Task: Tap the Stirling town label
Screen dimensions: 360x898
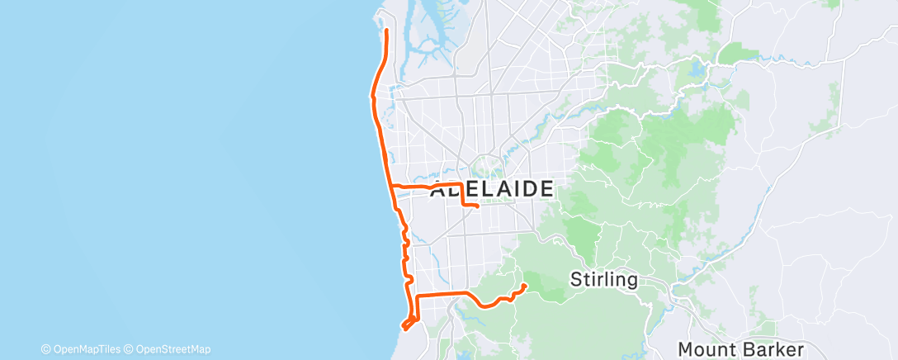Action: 603,279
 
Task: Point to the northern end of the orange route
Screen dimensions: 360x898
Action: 387,31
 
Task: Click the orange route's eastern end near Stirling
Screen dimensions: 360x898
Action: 525,286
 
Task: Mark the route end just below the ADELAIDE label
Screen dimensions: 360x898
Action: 479,206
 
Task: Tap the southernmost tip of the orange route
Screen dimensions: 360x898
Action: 404,328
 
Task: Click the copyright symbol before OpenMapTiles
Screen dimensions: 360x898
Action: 46,348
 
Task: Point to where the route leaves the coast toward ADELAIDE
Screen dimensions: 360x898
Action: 391,186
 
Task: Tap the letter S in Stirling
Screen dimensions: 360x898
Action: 576,279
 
